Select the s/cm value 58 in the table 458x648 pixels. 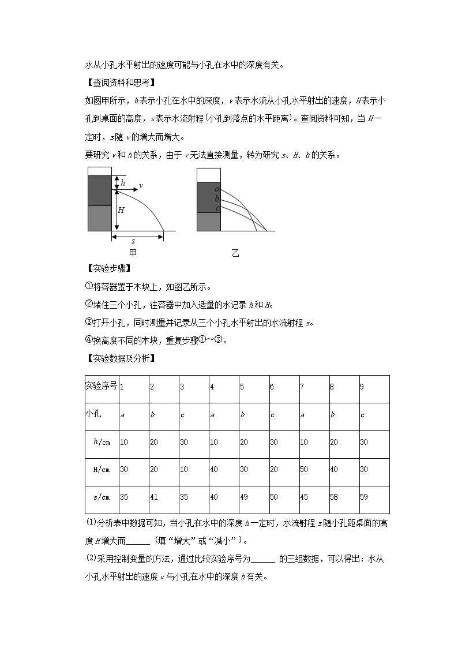click(x=335, y=497)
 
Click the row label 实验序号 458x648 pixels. click(x=102, y=386)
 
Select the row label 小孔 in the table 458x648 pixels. click(x=93, y=414)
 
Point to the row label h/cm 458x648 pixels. click(x=102, y=442)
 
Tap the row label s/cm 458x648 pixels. click(x=102, y=497)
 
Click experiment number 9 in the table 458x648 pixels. click(x=362, y=387)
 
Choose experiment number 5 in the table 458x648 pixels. click(x=242, y=387)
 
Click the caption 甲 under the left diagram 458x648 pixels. click(x=133, y=253)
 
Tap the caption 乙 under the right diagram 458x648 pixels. click(x=235, y=253)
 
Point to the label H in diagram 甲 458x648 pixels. click(x=121, y=210)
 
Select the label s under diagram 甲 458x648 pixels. click(x=133, y=241)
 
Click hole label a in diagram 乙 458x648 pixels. click(x=217, y=189)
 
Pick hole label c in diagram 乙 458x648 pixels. click(x=217, y=208)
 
